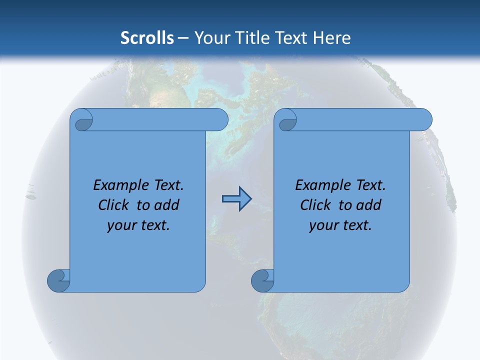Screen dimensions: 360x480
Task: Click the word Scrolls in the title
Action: pos(147,38)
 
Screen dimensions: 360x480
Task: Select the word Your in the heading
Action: pos(210,38)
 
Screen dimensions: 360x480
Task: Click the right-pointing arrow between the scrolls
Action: pos(236,199)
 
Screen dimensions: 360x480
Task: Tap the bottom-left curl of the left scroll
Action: pos(58,280)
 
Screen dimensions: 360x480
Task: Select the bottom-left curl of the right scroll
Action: pos(262,280)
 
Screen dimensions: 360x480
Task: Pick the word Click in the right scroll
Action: pos(315,205)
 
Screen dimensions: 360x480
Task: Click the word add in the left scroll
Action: pos(167,205)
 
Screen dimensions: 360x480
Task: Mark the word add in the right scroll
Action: pos(369,205)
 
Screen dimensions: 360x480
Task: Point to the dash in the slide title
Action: pos(183,38)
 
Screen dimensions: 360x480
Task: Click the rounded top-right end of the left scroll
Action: pos(220,120)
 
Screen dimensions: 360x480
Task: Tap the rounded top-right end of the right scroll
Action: pos(424,120)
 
